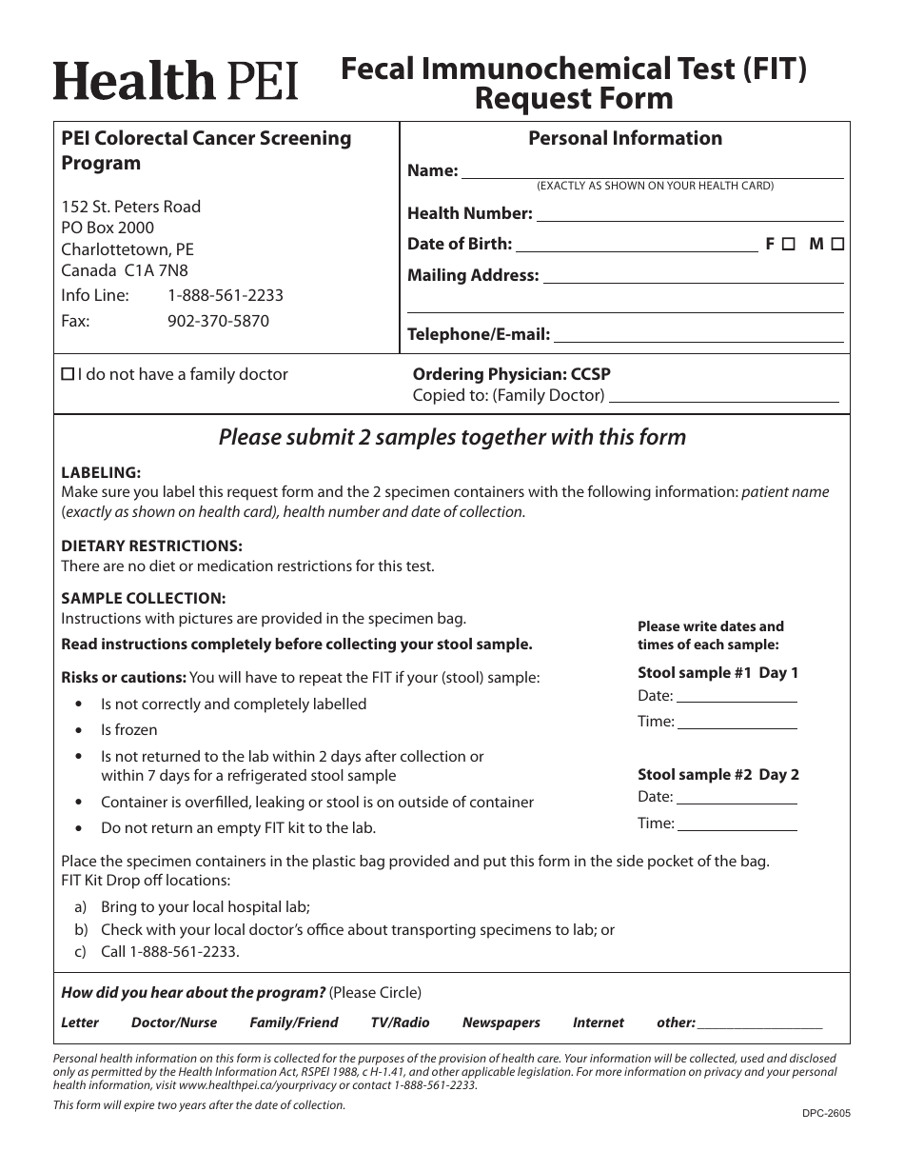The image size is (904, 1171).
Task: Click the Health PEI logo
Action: [175, 81]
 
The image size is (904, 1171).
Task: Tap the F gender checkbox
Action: [789, 244]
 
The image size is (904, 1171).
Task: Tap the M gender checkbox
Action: [837, 244]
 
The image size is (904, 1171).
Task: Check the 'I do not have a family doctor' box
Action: [68, 375]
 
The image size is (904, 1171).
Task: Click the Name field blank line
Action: [653, 171]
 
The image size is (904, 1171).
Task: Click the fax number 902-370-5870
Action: [218, 321]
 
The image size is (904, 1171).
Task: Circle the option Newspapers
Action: [501, 1022]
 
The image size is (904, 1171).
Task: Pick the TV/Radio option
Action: [400, 1022]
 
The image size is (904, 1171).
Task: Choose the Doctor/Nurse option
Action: [174, 1022]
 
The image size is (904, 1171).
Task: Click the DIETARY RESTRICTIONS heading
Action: [151, 546]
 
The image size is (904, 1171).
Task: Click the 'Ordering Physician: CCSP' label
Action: [511, 374]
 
